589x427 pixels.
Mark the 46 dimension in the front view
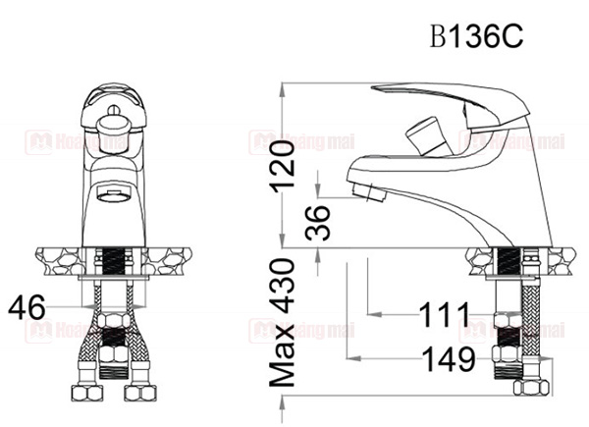[27, 308]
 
